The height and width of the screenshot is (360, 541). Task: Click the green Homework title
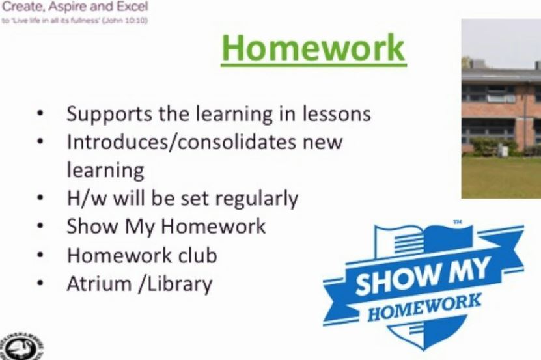point(313,48)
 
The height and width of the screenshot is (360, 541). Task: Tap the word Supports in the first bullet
point(109,114)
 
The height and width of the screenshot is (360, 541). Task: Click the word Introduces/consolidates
point(181,142)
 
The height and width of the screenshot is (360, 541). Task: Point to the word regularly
point(257,199)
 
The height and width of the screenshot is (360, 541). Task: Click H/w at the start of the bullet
point(87,199)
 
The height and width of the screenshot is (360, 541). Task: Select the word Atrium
point(99,284)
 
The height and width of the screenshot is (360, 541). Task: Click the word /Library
point(175,284)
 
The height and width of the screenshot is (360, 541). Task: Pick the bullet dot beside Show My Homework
point(40,226)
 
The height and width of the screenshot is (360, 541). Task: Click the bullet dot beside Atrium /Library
point(40,283)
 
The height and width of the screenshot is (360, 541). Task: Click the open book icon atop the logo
point(424,239)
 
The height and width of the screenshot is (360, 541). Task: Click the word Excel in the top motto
point(133,7)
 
